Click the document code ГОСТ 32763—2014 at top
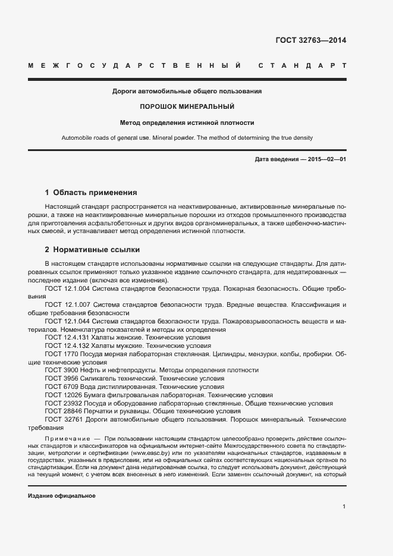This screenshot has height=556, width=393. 310,41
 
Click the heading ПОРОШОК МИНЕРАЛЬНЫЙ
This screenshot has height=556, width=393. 187,107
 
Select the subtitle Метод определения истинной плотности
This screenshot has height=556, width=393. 187,123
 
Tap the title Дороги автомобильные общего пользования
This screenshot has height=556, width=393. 187,92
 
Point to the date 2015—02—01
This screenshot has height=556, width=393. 326,160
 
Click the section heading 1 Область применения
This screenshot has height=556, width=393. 91,193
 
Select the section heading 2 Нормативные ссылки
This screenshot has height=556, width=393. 92,250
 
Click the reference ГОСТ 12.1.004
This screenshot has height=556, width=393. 67,288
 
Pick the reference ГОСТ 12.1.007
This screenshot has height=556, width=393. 67,304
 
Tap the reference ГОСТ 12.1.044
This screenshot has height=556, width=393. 67,321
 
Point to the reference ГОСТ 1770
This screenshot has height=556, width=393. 61,354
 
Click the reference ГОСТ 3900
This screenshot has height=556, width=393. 61,370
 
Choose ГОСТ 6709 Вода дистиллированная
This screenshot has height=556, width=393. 61,387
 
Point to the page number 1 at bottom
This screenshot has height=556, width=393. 344,507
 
